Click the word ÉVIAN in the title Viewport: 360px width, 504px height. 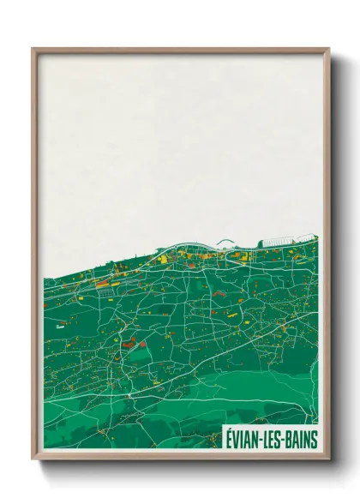(x=243, y=440)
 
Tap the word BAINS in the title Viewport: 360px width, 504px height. (x=300, y=440)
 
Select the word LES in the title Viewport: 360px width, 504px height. (x=273, y=440)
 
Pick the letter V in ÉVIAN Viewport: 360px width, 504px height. (x=237, y=440)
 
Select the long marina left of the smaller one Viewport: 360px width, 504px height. (x=275, y=243)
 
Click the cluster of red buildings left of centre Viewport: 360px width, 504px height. (x=129, y=345)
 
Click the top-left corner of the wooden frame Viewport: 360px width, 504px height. (x=33, y=50)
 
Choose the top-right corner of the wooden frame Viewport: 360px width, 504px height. (x=328, y=50)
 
